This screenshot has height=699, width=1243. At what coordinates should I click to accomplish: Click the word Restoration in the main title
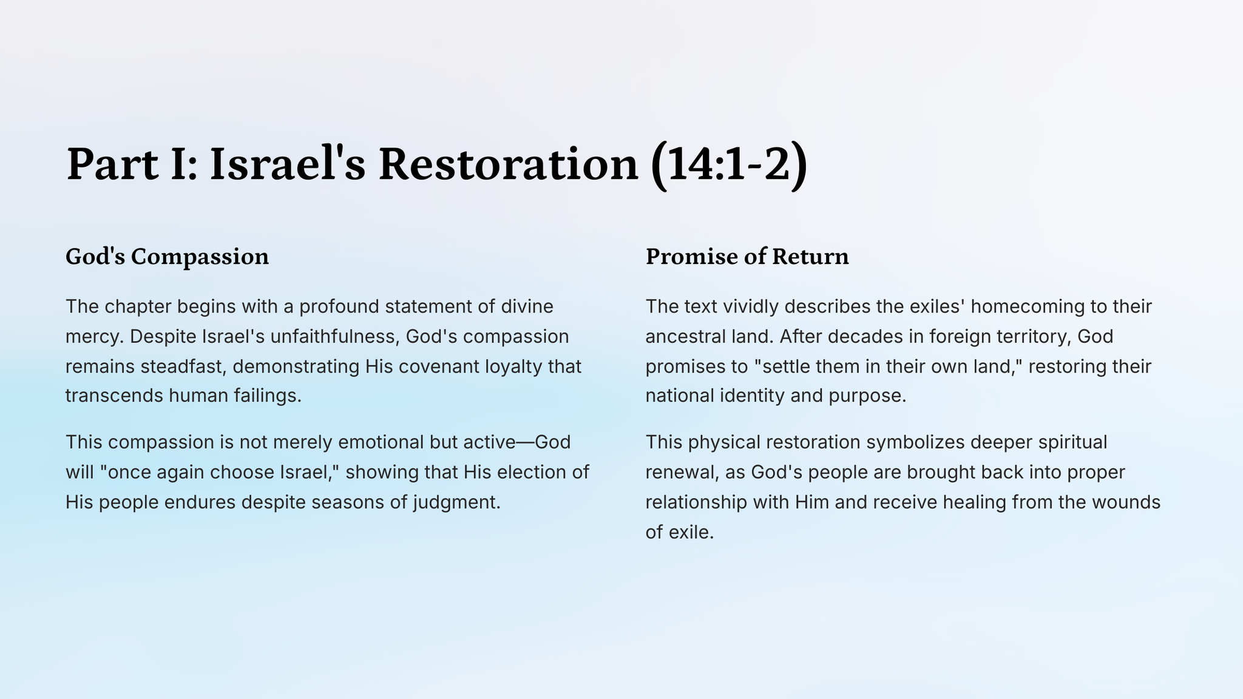click(x=508, y=164)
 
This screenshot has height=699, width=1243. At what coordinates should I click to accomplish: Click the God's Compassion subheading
click(x=167, y=257)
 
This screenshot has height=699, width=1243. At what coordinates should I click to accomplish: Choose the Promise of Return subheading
click(x=747, y=257)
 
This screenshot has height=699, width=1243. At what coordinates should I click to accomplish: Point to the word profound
click(x=339, y=306)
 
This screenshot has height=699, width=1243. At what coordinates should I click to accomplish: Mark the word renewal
click(x=680, y=473)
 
